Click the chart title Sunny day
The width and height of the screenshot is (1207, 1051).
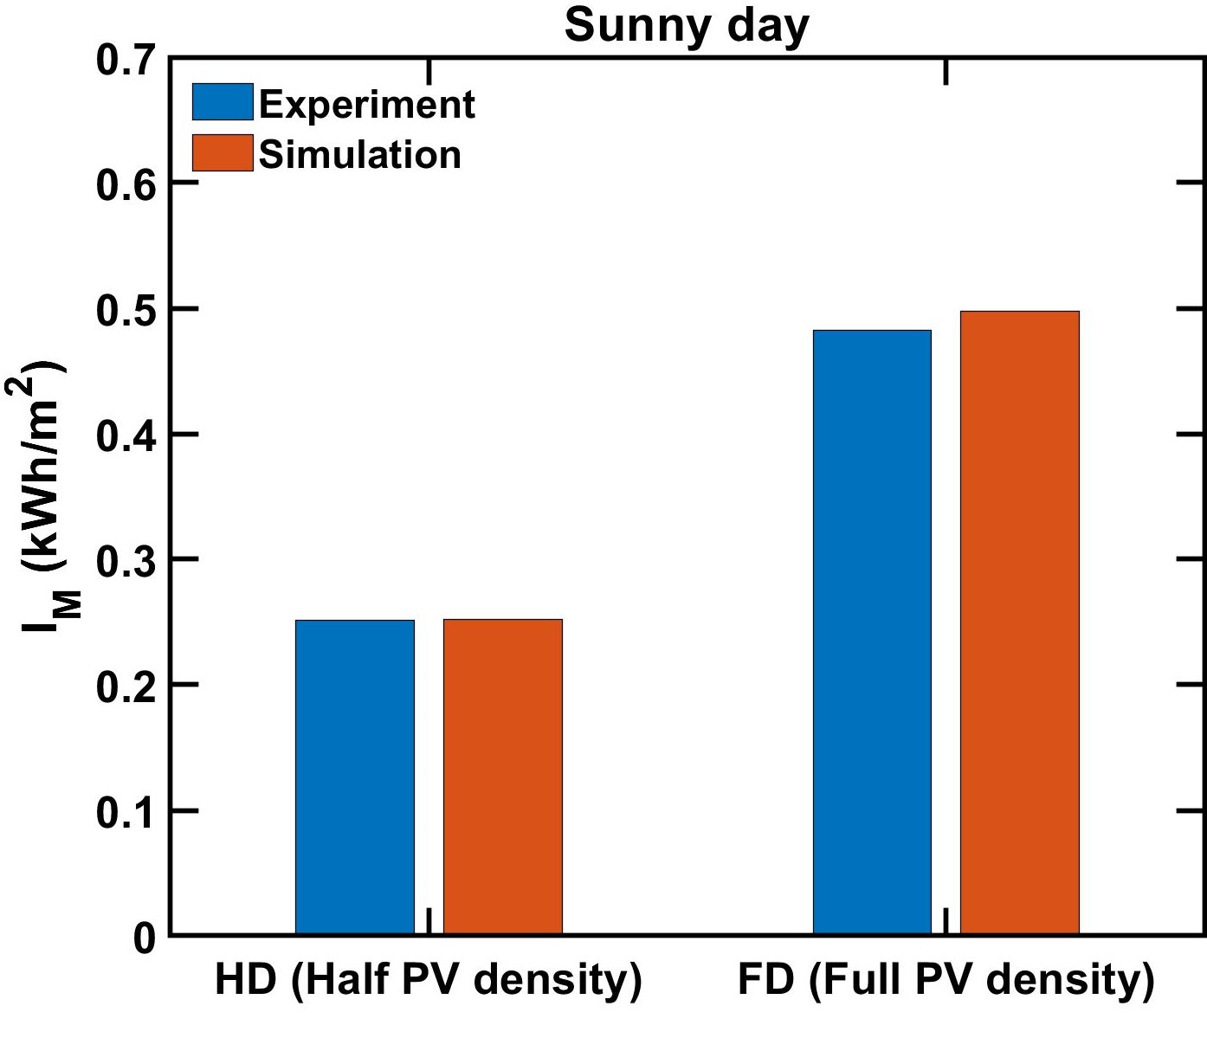tap(686, 26)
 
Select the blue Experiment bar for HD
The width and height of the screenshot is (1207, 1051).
tap(355, 777)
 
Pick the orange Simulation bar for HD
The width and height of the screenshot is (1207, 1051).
tap(502, 777)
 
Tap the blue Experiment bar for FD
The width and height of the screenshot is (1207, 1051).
tap(872, 632)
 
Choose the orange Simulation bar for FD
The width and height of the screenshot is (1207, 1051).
tap(1019, 622)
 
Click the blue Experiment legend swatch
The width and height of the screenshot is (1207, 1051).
tap(223, 102)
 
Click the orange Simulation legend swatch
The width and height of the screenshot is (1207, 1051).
tap(223, 153)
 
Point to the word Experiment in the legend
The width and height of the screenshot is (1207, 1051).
tap(366, 104)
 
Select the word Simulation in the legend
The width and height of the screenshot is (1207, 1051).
tap(360, 155)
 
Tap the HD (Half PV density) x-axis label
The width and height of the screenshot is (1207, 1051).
tap(429, 980)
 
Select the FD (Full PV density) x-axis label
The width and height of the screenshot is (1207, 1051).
tap(946, 980)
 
